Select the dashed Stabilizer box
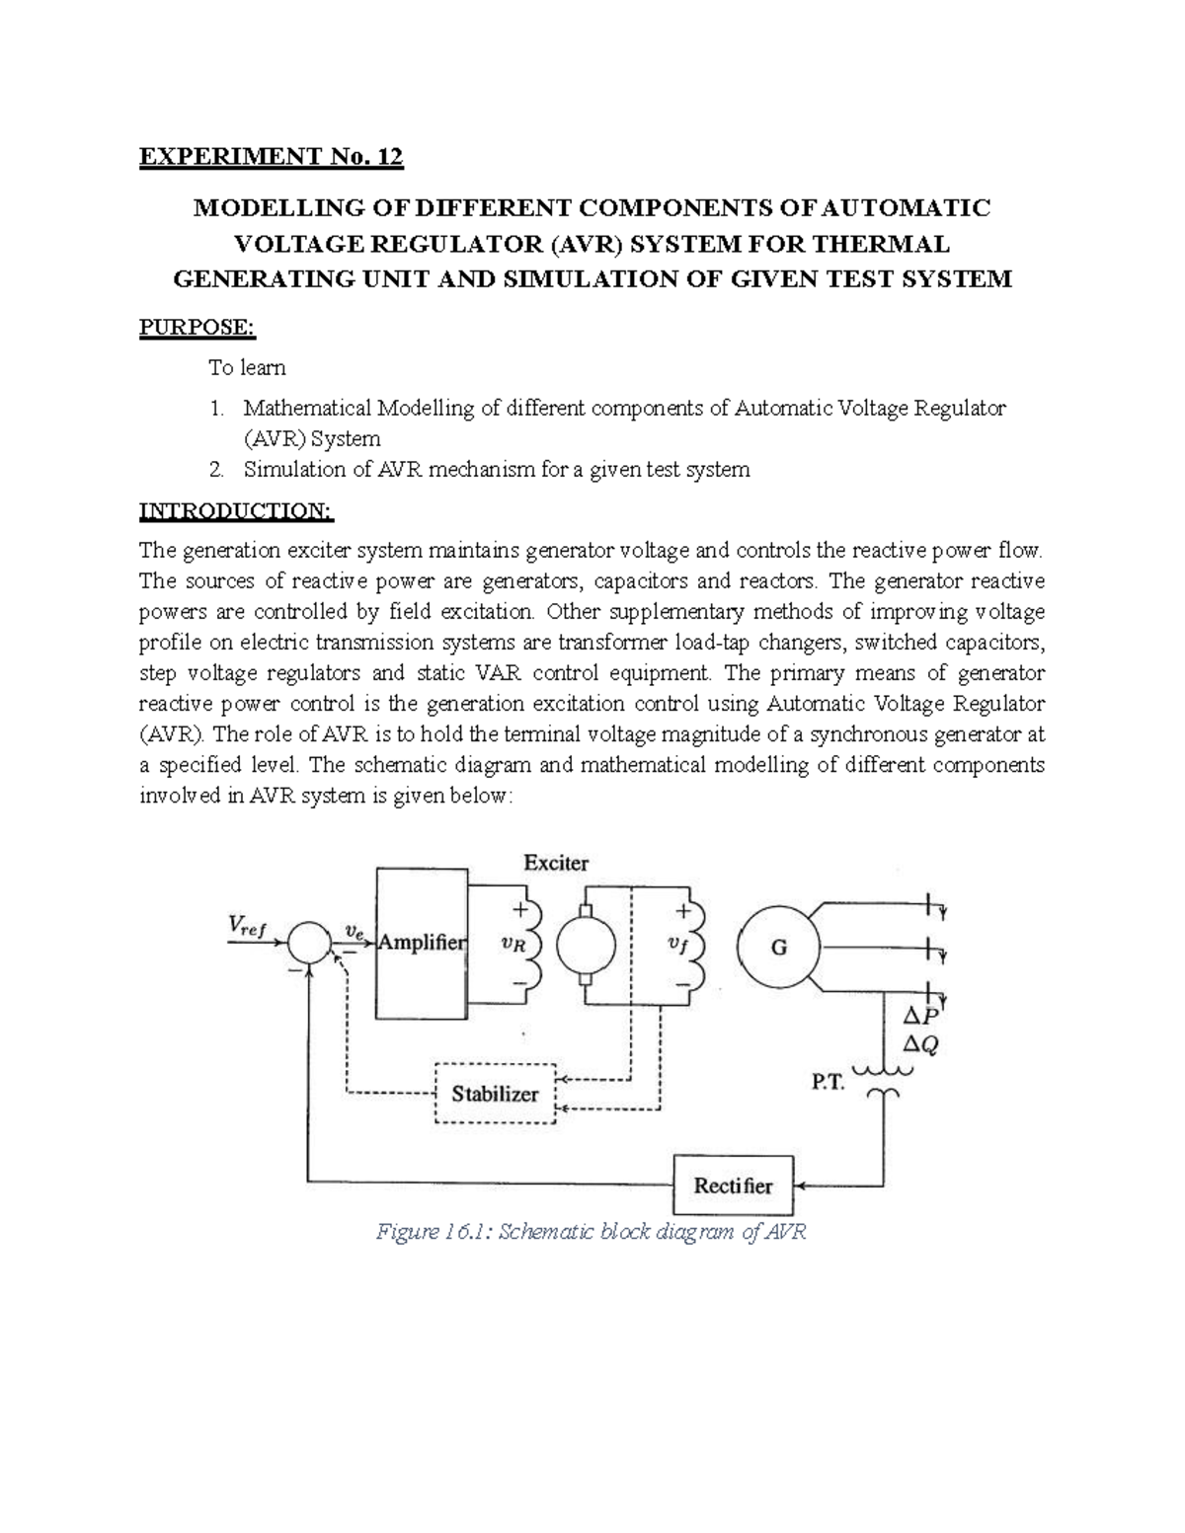[496, 1094]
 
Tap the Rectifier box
[734, 1186]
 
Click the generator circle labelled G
[778, 948]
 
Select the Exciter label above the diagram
[556, 863]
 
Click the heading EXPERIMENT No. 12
[272, 156]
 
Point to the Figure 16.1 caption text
[592, 1232]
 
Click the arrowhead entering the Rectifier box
[802, 1186]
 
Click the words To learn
[247, 367]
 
